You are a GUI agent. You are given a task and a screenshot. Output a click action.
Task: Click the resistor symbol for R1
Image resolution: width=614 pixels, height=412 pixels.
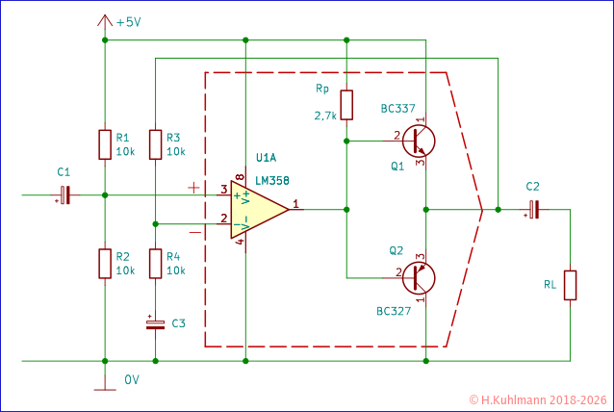click(105, 144)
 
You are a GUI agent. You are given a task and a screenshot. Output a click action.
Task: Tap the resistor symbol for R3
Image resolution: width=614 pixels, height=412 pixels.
click(156, 144)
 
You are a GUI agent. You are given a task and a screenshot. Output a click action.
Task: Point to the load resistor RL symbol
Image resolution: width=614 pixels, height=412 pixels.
click(571, 285)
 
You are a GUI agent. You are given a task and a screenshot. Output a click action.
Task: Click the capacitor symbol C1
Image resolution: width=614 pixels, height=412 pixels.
click(64, 195)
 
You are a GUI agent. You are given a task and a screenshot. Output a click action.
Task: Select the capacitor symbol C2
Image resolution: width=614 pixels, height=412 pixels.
click(532, 209)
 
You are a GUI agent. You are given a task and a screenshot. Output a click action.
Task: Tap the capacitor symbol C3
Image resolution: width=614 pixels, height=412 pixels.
click(156, 323)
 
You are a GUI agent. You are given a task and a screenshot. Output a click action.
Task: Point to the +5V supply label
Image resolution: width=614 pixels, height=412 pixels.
click(127, 22)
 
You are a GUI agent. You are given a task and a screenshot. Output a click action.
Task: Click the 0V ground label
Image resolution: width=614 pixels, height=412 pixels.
click(132, 380)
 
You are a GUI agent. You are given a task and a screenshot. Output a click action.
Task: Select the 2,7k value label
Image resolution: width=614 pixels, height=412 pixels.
click(325, 116)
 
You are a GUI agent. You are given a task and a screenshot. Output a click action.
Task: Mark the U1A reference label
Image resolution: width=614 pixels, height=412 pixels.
click(267, 158)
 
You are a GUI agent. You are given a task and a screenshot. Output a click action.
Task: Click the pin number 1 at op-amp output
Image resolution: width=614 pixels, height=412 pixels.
click(295, 204)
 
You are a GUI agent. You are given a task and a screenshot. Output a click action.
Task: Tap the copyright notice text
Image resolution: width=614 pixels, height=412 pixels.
click(539, 399)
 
